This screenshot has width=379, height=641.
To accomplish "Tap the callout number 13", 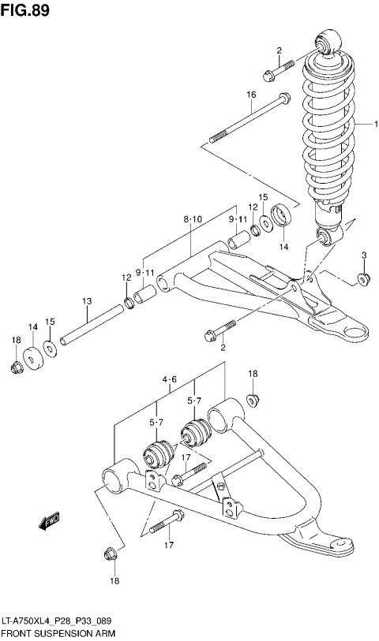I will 86,301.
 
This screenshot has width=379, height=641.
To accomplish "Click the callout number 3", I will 364,254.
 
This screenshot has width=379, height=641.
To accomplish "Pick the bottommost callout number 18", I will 114,582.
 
